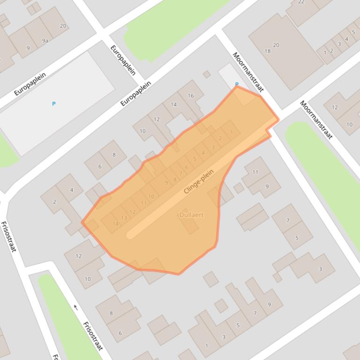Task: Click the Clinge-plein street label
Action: tap(198, 181)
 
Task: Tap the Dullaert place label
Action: tap(191, 215)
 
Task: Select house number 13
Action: tap(124, 218)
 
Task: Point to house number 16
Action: tap(191, 96)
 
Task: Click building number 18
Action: tap(267, 51)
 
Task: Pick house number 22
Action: tap(301, 2)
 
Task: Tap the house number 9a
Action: tap(45, 41)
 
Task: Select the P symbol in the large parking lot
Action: tap(54, 104)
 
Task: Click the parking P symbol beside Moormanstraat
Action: tap(236, 85)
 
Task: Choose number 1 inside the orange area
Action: tap(231, 132)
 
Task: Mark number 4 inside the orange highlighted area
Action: tap(203, 153)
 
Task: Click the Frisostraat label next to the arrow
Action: tap(93, 336)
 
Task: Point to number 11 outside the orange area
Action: tap(255, 172)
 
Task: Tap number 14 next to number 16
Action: tap(174, 104)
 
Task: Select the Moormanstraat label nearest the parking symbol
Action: tap(248, 72)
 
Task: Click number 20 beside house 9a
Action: tap(63, 26)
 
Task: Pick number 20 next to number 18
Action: tap(276, 45)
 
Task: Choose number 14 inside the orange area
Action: tap(115, 224)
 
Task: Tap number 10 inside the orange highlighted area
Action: tap(151, 197)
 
